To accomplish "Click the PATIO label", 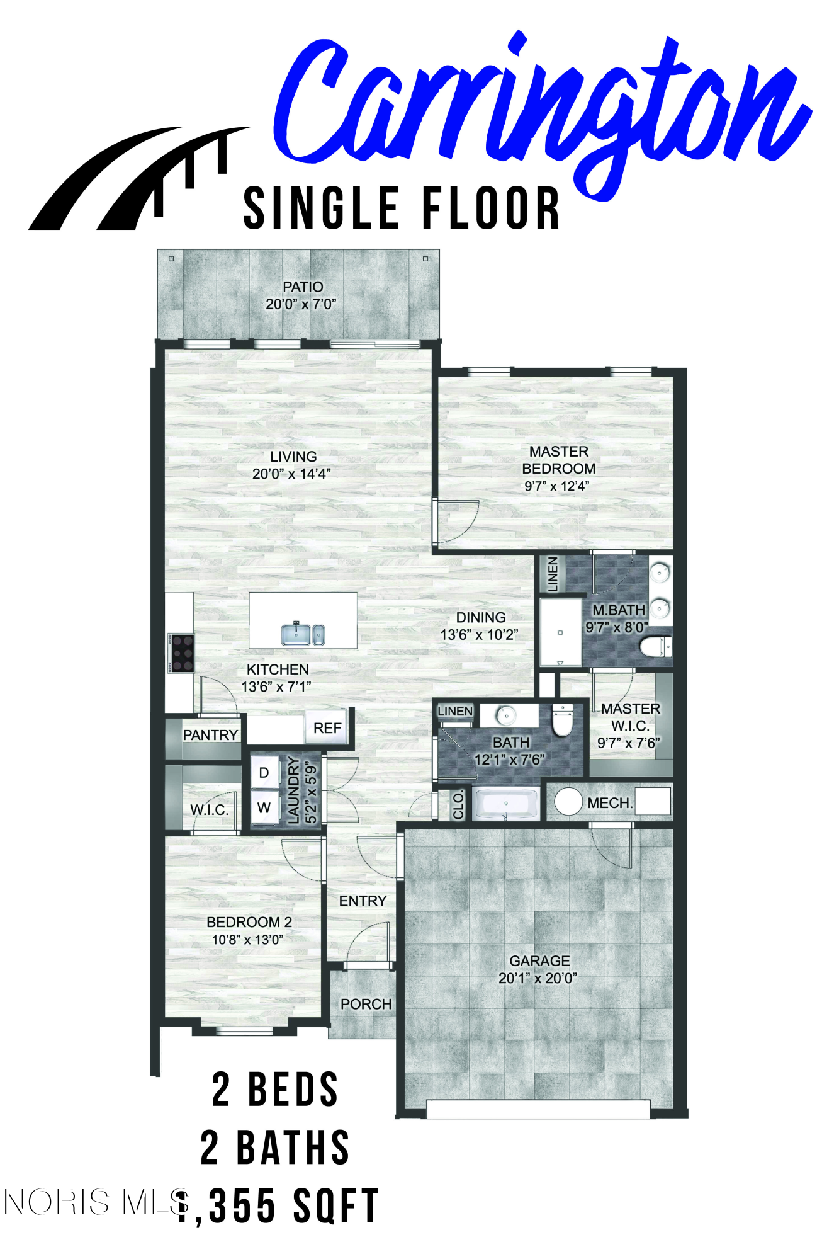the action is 303,287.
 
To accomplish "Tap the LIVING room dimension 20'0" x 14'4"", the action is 291,474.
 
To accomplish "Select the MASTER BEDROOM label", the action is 559,460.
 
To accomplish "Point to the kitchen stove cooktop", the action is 181,653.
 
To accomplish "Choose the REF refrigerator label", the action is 327,728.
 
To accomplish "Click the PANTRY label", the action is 210,735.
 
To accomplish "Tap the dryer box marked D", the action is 264,773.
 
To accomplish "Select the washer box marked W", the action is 264,807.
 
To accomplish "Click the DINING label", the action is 481,617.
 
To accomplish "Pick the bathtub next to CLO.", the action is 507,804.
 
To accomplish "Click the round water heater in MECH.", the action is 568,801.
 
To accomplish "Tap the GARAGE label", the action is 539,960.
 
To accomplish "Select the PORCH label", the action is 366,1004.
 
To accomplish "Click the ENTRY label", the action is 363,901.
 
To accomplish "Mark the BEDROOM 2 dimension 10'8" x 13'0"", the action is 247,940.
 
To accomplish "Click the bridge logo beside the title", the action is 140,178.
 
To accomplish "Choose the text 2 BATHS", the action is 275,1148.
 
